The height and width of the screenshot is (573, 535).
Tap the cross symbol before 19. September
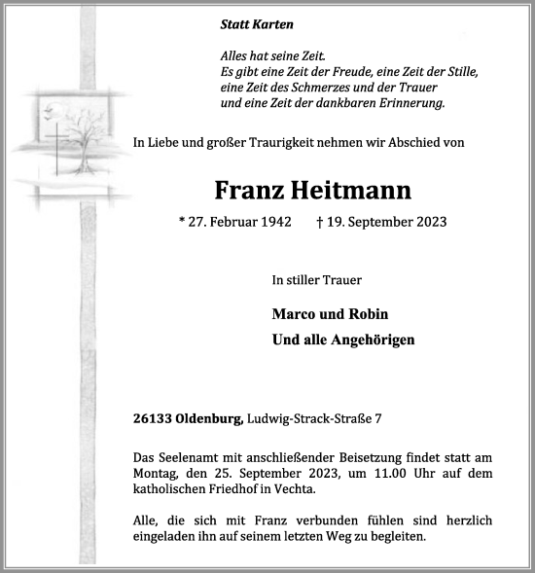pos(320,222)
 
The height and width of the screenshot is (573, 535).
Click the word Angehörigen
pos(367,340)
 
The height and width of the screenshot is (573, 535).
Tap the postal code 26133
pos(154,419)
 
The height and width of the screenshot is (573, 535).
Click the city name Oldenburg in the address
pos(209,419)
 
